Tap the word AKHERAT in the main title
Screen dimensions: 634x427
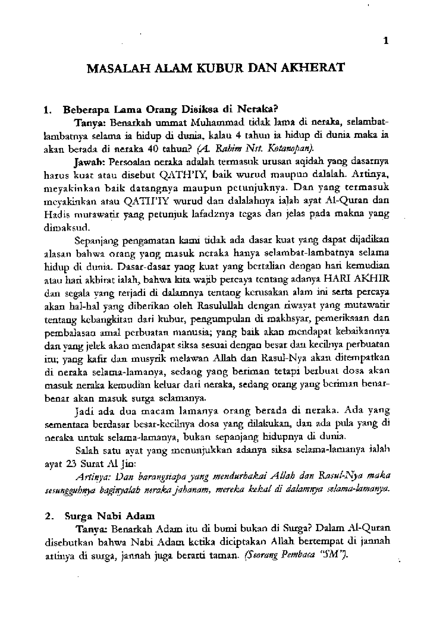point(312,68)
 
